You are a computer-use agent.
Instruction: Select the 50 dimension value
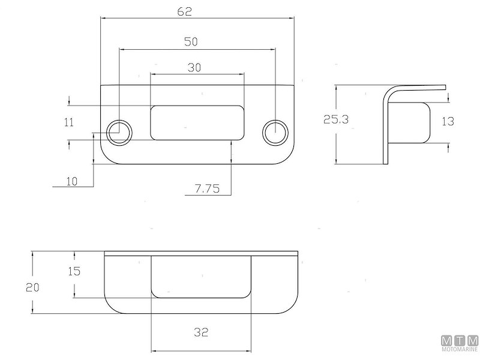click(191, 41)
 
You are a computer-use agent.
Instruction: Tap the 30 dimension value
click(194, 67)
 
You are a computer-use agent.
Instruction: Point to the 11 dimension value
click(69, 122)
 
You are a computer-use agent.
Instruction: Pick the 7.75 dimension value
click(207, 189)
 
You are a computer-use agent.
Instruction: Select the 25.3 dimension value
click(336, 120)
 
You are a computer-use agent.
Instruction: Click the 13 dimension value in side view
click(448, 121)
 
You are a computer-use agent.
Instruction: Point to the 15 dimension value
click(74, 271)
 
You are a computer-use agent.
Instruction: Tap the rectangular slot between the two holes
click(197, 122)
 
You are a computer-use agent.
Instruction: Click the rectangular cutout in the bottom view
click(200, 276)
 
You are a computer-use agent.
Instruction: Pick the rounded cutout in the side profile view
click(414, 122)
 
